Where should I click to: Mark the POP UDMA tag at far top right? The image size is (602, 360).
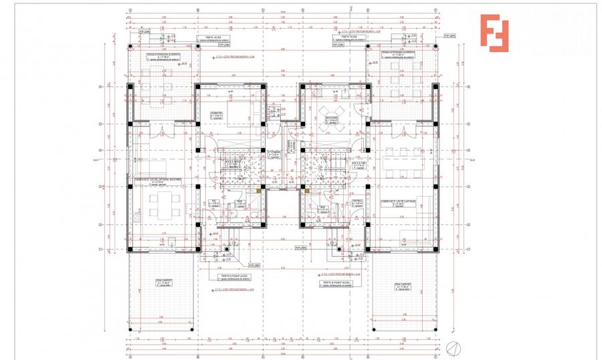[451, 36]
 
